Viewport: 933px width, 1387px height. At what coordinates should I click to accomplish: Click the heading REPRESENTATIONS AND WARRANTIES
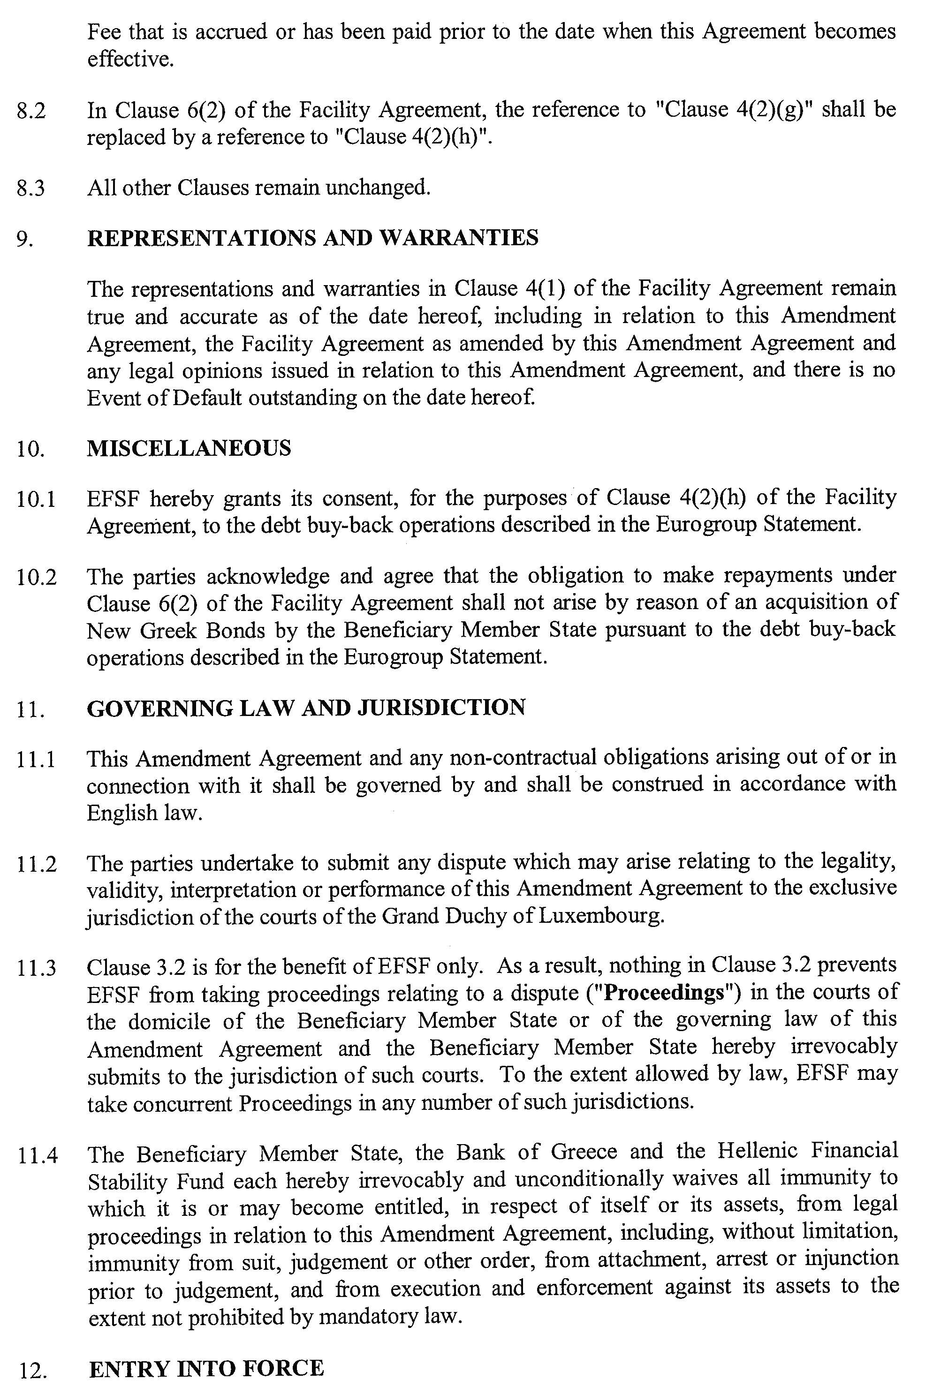(x=312, y=238)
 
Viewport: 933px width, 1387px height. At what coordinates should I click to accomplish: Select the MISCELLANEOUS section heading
(x=189, y=448)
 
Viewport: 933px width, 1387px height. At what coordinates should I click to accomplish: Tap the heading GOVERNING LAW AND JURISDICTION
(x=306, y=708)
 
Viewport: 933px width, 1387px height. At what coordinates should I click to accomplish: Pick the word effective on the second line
(x=130, y=59)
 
